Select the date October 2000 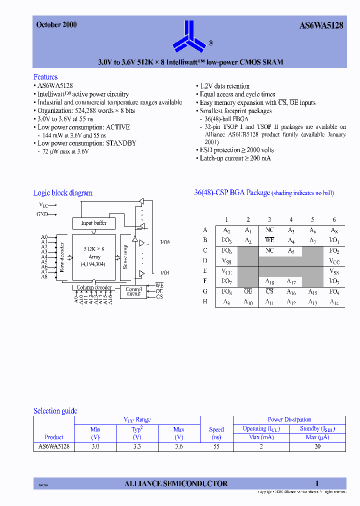pyautogui.click(x=56, y=24)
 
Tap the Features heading pyautogui.click(x=45, y=77)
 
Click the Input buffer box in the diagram pyautogui.click(x=93, y=223)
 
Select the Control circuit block pyautogui.click(x=134, y=291)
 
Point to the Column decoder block pyautogui.click(x=93, y=287)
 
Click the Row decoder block pyautogui.click(x=62, y=257)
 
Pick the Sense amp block pyautogui.click(x=125, y=257)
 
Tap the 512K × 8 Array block pyautogui.click(x=94, y=256)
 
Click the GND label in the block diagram pyautogui.click(x=42, y=214)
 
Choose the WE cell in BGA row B pyautogui.click(x=269, y=240)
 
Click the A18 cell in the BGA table pyautogui.click(x=269, y=282)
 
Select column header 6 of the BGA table pyautogui.click(x=334, y=220)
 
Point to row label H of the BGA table pyautogui.click(x=205, y=301)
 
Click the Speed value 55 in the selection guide pyautogui.click(x=216, y=446)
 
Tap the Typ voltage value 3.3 pyautogui.click(x=137, y=446)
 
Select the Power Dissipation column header pyautogui.click(x=289, y=419)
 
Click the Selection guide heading pyautogui.click(x=55, y=411)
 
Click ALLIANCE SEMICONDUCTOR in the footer pyautogui.click(x=176, y=483)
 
